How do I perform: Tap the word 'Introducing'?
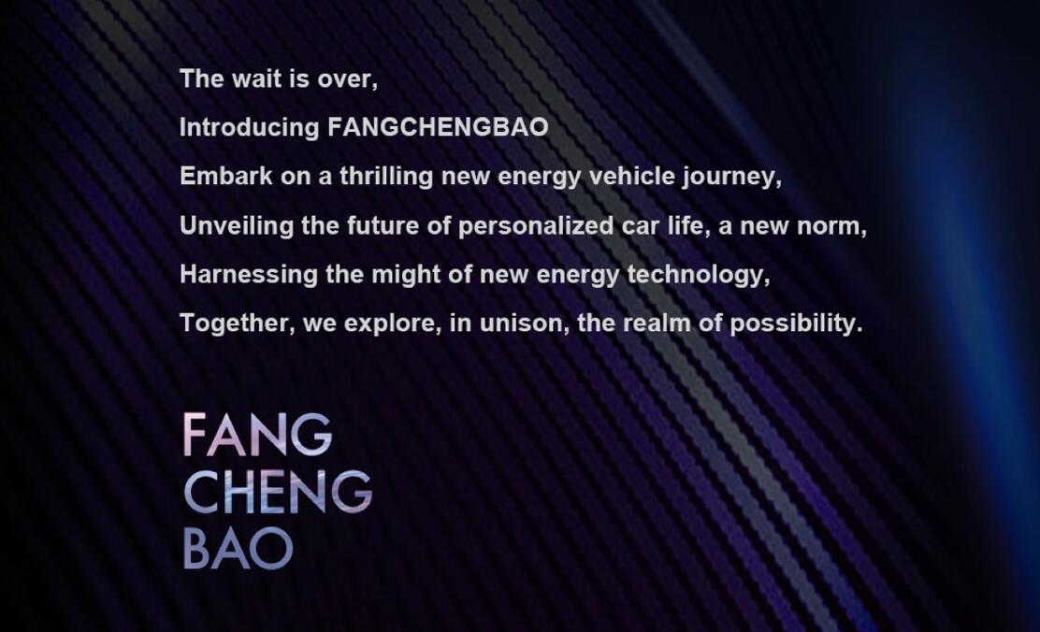coord(250,127)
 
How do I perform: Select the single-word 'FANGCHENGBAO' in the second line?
coord(438,127)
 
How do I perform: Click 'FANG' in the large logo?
coord(257,435)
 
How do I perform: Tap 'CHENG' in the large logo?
coord(278,492)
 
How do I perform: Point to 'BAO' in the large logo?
coord(238,550)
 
